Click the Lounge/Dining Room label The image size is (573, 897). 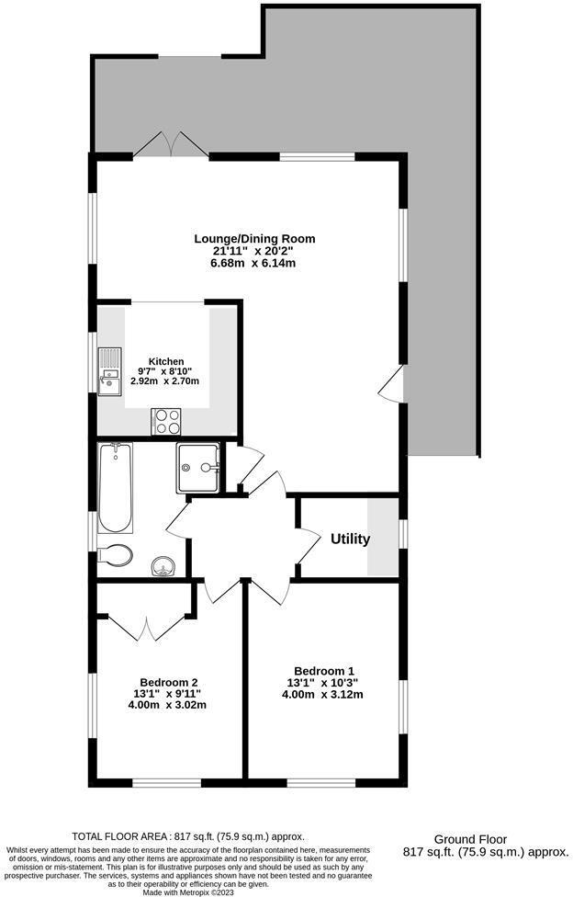[243, 239]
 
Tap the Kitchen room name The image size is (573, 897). [166, 361]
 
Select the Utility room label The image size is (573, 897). [350, 539]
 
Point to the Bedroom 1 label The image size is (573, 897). [323, 670]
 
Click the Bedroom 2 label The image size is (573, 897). [163, 682]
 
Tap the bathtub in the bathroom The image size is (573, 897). [115, 489]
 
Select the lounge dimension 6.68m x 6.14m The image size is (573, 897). [253, 263]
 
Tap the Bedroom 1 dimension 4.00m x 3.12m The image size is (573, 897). [322, 694]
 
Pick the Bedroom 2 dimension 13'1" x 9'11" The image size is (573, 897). [164, 694]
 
